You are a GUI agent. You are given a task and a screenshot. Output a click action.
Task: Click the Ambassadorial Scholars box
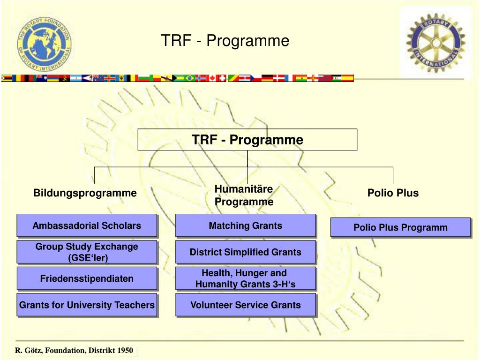pos(87,225)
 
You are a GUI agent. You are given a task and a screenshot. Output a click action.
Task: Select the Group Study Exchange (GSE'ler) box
pos(87,252)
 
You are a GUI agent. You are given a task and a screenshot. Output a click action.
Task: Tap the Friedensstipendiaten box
pos(87,278)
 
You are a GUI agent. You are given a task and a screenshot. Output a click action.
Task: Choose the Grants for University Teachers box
pos(87,305)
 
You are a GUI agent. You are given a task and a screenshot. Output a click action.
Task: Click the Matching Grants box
pos(246,225)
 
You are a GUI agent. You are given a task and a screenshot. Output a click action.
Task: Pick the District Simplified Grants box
pos(246,252)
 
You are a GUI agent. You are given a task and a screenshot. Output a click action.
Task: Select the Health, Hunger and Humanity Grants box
pos(246,278)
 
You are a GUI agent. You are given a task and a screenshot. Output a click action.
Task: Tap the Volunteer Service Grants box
pos(246,305)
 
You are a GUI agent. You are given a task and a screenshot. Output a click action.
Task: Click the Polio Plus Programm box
pos(400,227)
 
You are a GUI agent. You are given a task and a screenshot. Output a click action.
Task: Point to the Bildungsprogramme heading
pos(85,193)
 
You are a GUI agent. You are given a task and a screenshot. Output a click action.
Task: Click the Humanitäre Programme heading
pos(244,195)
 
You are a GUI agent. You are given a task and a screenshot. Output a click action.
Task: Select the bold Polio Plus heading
pos(393,193)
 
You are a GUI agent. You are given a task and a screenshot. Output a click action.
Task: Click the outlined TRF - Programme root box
pos(247,140)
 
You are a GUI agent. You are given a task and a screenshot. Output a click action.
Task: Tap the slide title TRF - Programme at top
pos(225,41)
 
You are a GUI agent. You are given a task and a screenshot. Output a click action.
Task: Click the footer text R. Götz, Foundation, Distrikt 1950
pos(74,351)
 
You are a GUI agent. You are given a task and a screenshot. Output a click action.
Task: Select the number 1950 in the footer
pos(125,351)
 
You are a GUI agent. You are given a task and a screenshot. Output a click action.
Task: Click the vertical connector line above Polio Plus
pos(393,175)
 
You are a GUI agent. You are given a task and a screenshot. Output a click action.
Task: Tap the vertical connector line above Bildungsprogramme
pos(95,175)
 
